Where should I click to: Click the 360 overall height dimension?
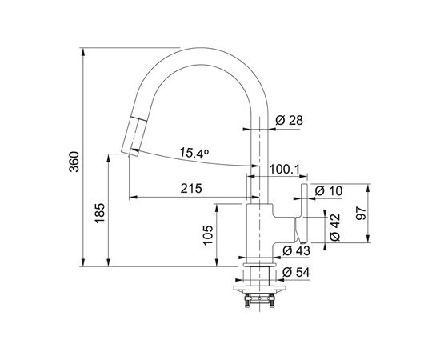coord(74,162)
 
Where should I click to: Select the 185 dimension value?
coord(100,214)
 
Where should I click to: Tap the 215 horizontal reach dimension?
coord(191,189)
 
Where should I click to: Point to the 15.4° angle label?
coord(194,153)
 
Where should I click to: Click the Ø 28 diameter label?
coord(290,120)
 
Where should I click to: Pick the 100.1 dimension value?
coord(285,170)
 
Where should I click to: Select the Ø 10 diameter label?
coord(329,191)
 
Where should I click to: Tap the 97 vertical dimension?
coord(361,214)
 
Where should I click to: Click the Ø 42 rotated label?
coord(334,227)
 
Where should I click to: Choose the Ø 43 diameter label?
coord(296,250)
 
